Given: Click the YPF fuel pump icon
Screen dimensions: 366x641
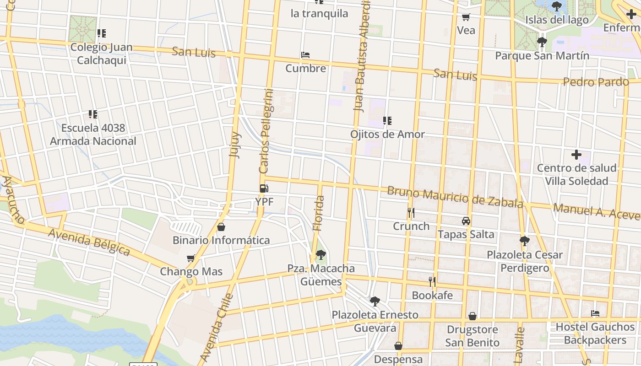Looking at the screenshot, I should click(x=264, y=188).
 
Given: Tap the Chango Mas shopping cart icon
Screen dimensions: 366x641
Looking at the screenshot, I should click(x=191, y=258).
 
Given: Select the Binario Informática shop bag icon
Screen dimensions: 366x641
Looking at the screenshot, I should click(x=221, y=227).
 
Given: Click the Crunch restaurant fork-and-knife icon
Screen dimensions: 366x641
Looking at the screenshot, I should click(x=411, y=213).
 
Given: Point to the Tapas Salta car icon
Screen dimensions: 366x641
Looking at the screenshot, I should click(x=466, y=221).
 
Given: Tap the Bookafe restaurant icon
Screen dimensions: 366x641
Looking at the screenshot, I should click(x=432, y=281).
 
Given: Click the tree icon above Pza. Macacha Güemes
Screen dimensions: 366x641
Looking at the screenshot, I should click(x=320, y=254).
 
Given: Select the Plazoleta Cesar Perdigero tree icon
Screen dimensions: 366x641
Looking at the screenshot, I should click(x=524, y=241).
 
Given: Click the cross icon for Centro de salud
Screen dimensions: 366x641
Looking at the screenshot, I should click(x=576, y=155).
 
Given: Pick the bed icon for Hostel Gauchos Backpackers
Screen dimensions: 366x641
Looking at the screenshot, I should click(x=595, y=313).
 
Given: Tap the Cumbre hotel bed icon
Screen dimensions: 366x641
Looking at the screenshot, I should click(x=305, y=55).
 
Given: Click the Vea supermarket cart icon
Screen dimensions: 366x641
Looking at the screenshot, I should click(x=466, y=17).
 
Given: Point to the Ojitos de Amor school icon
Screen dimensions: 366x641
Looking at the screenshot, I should click(x=387, y=121).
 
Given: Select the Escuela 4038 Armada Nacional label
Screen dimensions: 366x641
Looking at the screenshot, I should click(x=93, y=135).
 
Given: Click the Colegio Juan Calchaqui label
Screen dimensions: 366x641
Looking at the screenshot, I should click(x=101, y=54).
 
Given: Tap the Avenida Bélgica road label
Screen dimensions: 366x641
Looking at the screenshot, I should click(x=89, y=241).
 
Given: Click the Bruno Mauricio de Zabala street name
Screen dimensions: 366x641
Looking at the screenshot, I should click(x=455, y=197).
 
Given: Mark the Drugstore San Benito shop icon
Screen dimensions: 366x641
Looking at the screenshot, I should click(x=472, y=316).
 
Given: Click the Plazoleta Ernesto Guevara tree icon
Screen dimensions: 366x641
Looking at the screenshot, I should click(x=375, y=301).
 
